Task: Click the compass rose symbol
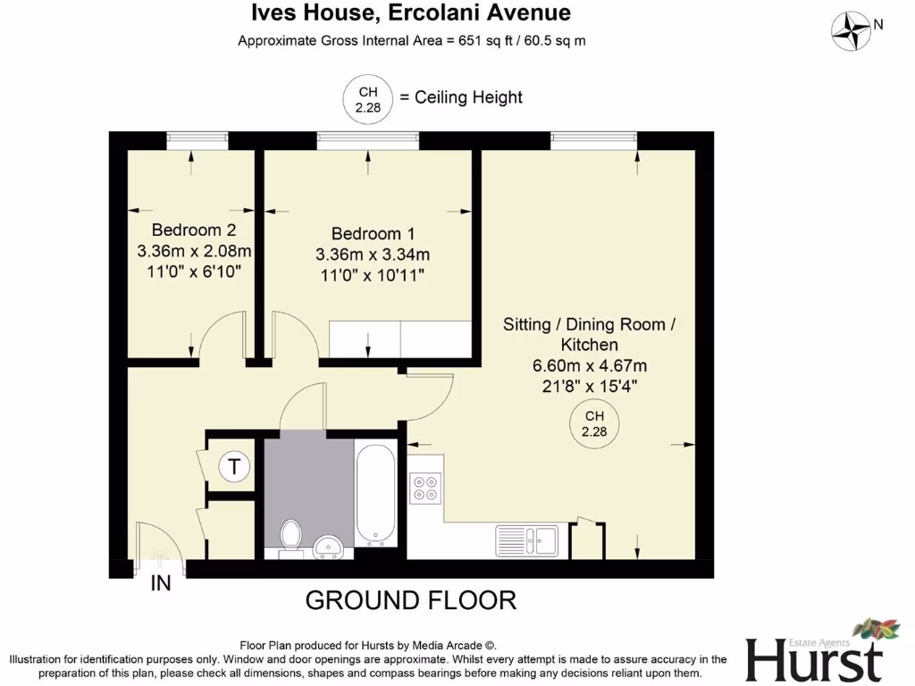pyautogui.click(x=852, y=31)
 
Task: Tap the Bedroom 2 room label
pyautogui.click(x=187, y=230)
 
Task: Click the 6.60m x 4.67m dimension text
pyautogui.click(x=589, y=365)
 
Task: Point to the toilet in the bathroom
pyautogui.click(x=291, y=537)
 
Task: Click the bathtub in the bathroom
pyautogui.click(x=374, y=492)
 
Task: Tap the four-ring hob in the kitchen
pyautogui.click(x=425, y=487)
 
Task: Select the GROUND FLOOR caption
pyautogui.click(x=411, y=599)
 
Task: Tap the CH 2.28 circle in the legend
pyautogui.click(x=368, y=98)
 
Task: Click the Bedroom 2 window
pyautogui.click(x=196, y=140)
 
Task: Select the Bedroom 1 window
pyautogui.click(x=367, y=140)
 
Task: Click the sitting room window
pyautogui.click(x=593, y=140)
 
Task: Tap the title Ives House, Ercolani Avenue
pyautogui.click(x=411, y=13)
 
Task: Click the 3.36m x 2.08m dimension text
pyautogui.click(x=194, y=250)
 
